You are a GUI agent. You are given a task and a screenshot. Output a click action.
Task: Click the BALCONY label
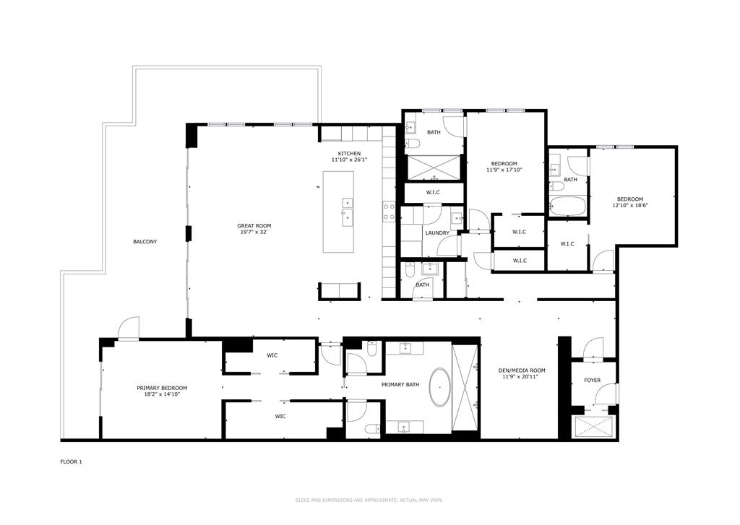coord(145,241)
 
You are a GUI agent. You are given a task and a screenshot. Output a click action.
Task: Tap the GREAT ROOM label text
coord(254,226)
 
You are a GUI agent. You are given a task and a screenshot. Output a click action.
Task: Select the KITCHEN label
coord(350,154)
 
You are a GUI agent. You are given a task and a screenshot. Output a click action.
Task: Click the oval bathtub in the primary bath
coord(439,388)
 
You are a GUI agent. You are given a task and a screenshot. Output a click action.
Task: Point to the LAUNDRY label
coord(437,233)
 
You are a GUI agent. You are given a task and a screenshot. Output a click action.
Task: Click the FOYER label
coord(592,380)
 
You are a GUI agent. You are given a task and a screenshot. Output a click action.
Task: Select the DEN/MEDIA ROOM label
coord(522,371)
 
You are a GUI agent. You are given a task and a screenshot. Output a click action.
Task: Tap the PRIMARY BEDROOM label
coord(162,388)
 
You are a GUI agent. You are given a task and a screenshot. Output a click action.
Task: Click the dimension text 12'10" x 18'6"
coord(629,206)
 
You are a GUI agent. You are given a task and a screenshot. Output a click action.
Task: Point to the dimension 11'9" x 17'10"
coord(504,170)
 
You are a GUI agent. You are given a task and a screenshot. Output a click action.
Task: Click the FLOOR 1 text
coord(71,461)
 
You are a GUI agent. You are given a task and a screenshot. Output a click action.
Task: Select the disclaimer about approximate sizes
coord(369,500)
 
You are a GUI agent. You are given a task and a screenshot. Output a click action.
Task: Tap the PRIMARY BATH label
coord(400,385)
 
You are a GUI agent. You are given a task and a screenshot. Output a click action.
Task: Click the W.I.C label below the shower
coord(433,192)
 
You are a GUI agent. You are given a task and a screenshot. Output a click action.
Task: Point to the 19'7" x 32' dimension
coord(254,233)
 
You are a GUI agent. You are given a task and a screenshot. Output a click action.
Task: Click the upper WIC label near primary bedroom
coord(272,355)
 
